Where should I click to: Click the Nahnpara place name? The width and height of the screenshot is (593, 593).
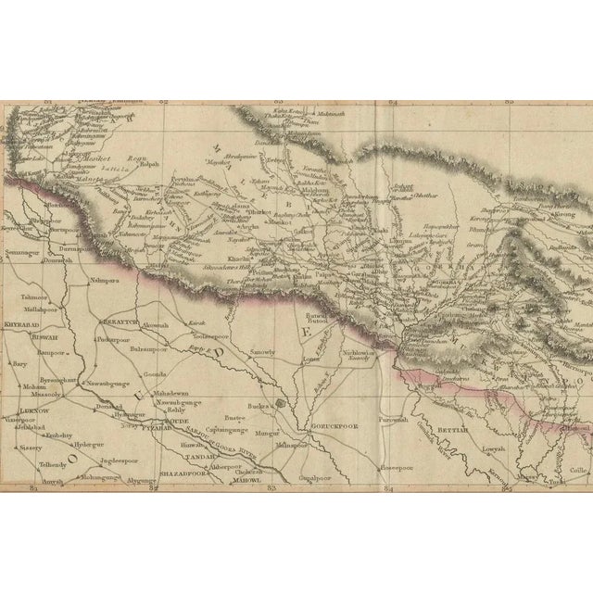click(107, 278)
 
